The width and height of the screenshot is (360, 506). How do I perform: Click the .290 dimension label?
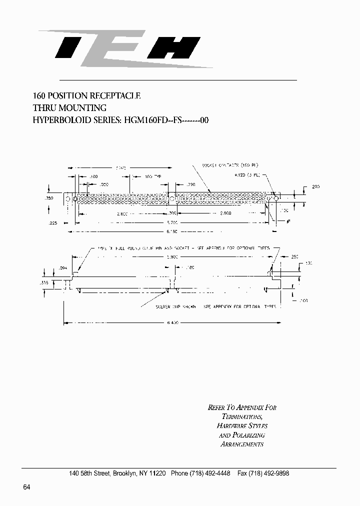[x=189, y=184]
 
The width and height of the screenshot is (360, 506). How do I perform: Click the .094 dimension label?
[x=62, y=268]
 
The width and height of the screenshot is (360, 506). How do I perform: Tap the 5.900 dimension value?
[x=171, y=257]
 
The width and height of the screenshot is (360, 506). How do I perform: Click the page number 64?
[x=27, y=487]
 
